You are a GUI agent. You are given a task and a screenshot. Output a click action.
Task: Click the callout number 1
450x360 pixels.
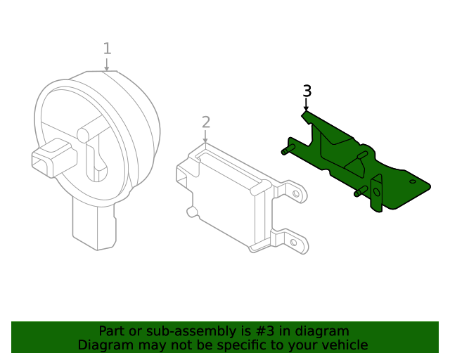[x=107, y=49]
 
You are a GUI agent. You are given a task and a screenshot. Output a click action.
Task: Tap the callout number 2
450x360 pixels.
[x=205, y=122]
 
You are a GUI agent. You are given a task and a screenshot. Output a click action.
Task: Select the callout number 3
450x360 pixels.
[x=307, y=91]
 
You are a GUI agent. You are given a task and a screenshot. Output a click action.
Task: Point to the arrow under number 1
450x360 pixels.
[x=107, y=64]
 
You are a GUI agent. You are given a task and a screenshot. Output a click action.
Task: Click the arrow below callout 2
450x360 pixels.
[x=205, y=138]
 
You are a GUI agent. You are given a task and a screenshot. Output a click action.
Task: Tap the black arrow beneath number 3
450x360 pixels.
[x=306, y=105]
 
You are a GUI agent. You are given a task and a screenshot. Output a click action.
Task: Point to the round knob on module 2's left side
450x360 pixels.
[x=190, y=211]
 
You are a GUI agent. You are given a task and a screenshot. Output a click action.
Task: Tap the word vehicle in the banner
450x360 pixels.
[x=344, y=345]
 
